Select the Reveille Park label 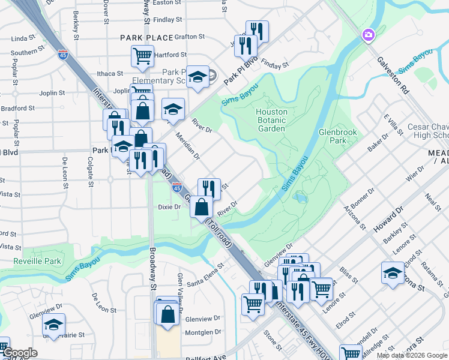coord(31,261)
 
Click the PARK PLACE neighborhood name coord(146,37)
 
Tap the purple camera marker coord(368,36)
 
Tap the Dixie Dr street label coord(169,207)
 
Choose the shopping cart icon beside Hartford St coord(142,56)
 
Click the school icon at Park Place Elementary coord(197,77)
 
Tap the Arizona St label coord(354,217)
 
